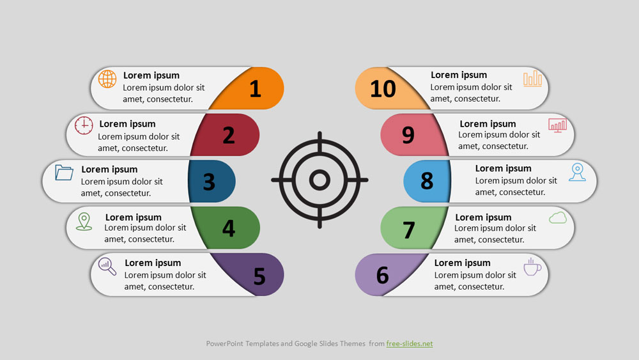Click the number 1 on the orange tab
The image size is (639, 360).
tap(255, 88)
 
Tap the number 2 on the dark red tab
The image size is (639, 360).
tap(229, 135)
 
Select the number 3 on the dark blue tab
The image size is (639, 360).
tap(209, 182)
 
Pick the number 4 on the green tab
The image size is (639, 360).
tap(229, 228)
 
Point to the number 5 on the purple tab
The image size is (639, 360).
tap(259, 276)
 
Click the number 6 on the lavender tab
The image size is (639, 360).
tap(382, 275)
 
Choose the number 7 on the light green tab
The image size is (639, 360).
tap(409, 230)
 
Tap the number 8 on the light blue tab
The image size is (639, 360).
tap(427, 180)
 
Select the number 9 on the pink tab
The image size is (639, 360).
tap(408, 135)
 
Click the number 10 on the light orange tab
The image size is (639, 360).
tap(383, 89)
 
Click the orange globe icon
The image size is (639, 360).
tap(107, 79)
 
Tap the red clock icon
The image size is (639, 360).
tap(84, 125)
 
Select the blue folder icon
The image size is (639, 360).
tap(64, 173)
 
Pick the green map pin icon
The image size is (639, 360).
tap(84, 221)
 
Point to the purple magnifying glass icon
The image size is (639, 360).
tap(107, 267)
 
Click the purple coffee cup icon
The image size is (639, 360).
tap(532, 267)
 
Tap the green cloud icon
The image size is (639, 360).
tap(557, 218)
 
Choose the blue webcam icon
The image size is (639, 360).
tap(577, 172)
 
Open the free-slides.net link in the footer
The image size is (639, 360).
tap(410, 343)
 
